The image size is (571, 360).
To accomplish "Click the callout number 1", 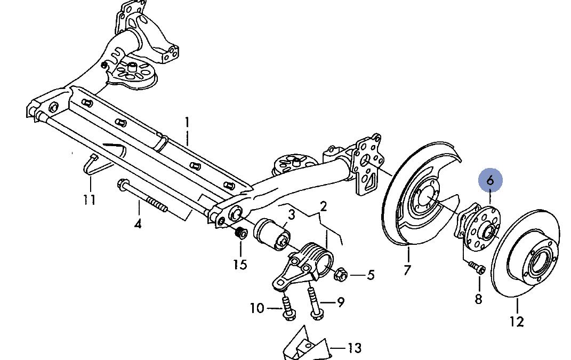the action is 187,123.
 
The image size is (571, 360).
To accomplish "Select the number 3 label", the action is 291,215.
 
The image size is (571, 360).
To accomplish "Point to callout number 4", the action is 138,223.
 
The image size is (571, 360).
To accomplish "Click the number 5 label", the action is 371,275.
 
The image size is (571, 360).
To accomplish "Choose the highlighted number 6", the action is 490,180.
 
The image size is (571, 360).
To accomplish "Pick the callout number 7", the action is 407,270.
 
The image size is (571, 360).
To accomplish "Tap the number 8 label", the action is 479,299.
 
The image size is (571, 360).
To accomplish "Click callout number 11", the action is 90,199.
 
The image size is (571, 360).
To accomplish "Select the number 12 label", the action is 517,322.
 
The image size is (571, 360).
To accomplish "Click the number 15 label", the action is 240,264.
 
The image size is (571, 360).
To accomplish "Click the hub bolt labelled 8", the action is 476,267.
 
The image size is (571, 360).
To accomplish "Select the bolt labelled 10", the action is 288,308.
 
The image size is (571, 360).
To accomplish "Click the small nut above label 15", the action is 240,232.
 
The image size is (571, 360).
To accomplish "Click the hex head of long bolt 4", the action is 123,185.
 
